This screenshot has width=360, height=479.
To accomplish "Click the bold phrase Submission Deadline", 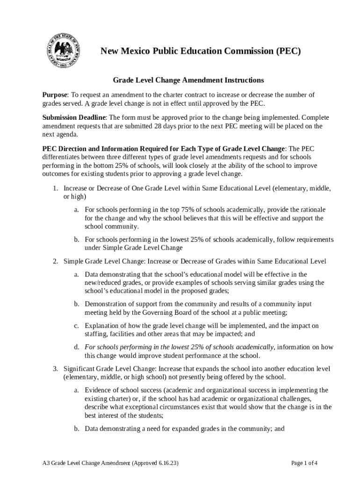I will [74, 117].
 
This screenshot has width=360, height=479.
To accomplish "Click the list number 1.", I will [54, 189].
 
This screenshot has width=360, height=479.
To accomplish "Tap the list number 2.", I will [54, 261].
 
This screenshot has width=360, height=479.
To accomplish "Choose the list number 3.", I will [54, 369].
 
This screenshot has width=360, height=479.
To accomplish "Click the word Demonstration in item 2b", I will [106, 304].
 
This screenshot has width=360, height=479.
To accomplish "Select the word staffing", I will [96, 334].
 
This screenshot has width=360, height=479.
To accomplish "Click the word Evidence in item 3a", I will [98, 390].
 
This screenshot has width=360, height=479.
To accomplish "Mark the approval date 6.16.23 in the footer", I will [165, 464].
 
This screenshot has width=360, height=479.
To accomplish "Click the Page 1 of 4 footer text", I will [304, 464].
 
